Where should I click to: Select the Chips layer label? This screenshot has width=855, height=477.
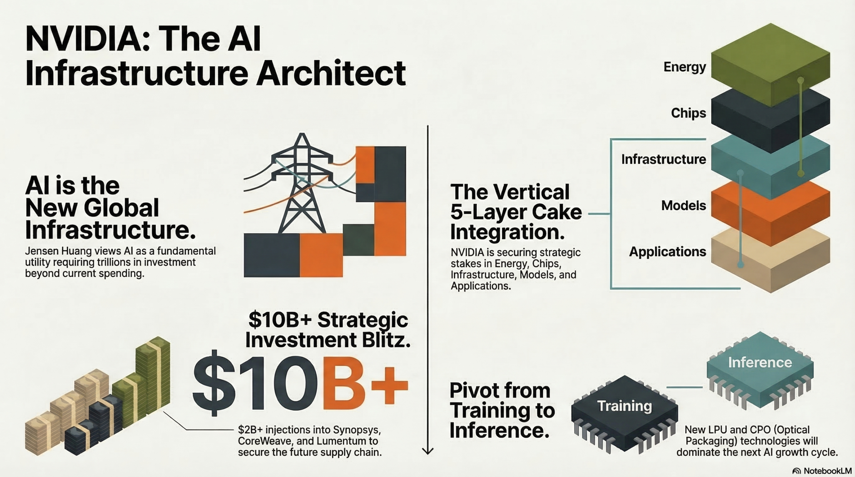(x=689, y=113)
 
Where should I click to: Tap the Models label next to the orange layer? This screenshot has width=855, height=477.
(x=684, y=205)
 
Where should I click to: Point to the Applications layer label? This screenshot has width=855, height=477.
(x=668, y=252)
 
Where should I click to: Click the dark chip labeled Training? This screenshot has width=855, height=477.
(x=625, y=414)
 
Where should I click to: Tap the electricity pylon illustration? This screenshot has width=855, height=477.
(x=301, y=184)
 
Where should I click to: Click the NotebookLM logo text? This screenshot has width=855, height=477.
(x=822, y=471)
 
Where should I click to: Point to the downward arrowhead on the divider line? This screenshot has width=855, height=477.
(x=428, y=451)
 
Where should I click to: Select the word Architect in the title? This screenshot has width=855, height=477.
(x=331, y=73)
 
